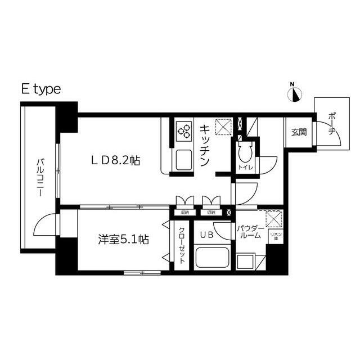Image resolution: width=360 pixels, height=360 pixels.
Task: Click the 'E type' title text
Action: click(40, 89)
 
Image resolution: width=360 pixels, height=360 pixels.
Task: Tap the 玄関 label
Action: click(299, 133)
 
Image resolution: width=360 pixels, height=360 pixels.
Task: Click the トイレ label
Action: click(245, 167)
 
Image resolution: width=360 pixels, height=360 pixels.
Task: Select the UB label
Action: click(206, 235)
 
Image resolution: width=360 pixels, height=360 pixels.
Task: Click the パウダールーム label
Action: click(250, 232)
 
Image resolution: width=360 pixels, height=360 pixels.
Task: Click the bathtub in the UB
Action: click(211, 260)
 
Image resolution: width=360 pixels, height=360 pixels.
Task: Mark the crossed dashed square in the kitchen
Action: click(223, 128)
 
